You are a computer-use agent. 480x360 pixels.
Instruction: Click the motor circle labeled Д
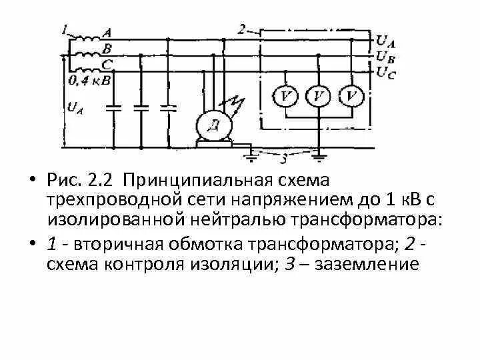pyautogui.click(x=213, y=125)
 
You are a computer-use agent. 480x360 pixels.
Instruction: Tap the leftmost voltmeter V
pyautogui.click(x=287, y=97)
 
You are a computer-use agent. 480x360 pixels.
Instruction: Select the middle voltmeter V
pyautogui.click(x=318, y=97)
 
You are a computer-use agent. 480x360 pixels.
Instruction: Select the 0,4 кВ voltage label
pyautogui.click(x=86, y=81)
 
